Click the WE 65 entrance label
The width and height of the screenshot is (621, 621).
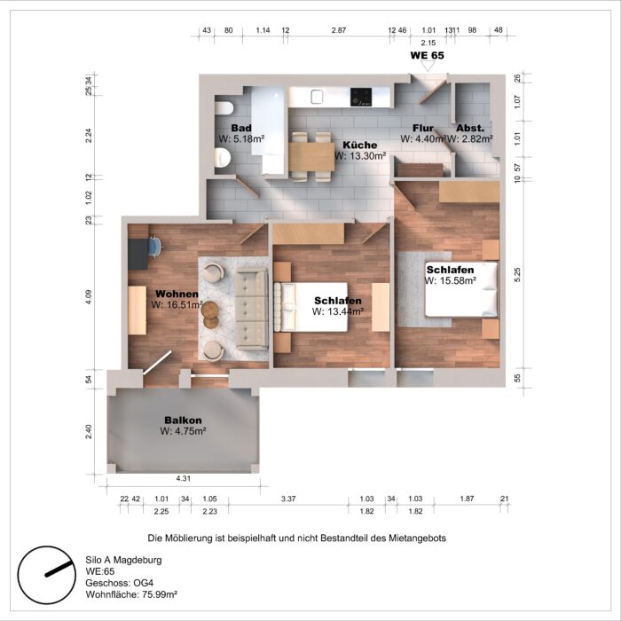pos(426,55)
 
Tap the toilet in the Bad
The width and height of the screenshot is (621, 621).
pos(222,158)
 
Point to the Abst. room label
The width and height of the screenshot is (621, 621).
pos(469,128)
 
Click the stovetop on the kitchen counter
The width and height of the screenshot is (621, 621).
pos(360,95)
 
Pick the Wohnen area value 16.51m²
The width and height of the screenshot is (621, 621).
pos(177,304)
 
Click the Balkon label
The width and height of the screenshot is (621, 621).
pos(183,420)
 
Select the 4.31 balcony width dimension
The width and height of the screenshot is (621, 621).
pos(184,478)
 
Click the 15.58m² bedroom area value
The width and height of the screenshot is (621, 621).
pos(451,280)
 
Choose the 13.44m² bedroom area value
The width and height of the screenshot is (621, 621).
pos(338,312)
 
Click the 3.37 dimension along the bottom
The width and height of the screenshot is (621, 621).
pos(288,499)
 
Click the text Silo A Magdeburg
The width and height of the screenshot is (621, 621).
pos(123,560)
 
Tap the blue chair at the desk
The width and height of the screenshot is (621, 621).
pos(155,246)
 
